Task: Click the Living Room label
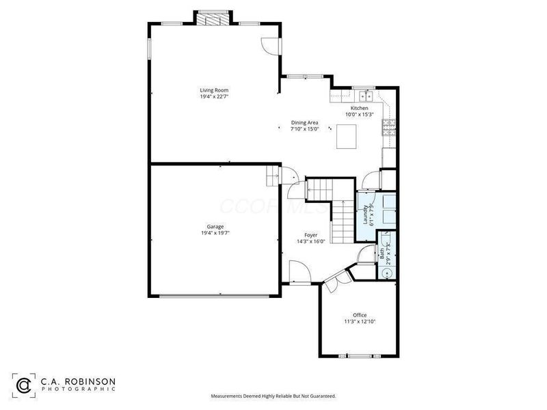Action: tap(213, 90)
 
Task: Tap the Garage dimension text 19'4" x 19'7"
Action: tap(215, 233)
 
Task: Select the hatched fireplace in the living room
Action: tap(214, 18)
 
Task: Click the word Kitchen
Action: tap(360, 108)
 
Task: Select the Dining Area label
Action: tap(304, 123)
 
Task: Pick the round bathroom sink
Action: tap(388, 273)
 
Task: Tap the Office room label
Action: tap(360, 315)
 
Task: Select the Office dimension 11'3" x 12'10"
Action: tap(360, 321)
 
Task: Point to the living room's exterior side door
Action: tap(271, 45)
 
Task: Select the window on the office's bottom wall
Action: tap(360, 356)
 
